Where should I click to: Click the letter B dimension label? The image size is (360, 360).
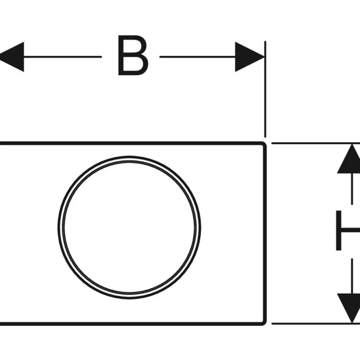[x=133, y=55]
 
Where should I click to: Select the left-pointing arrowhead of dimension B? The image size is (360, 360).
[x=12, y=57]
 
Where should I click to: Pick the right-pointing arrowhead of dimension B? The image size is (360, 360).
[x=250, y=57]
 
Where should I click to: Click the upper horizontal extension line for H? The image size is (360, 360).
[x=316, y=143]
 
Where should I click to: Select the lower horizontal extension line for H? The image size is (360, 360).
[x=316, y=324]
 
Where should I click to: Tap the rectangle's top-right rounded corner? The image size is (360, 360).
[x=264, y=144]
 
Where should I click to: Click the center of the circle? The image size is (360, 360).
[x=129, y=228]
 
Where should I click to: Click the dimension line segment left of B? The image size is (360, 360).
[x=62, y=57]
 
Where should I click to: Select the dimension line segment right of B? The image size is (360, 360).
[x=197, y=57]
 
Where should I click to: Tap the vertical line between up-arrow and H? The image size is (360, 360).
[x=352, y=189]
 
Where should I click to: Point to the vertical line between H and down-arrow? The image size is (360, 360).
[x=352, y=276]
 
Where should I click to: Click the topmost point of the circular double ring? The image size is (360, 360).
[x=129, y=157]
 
